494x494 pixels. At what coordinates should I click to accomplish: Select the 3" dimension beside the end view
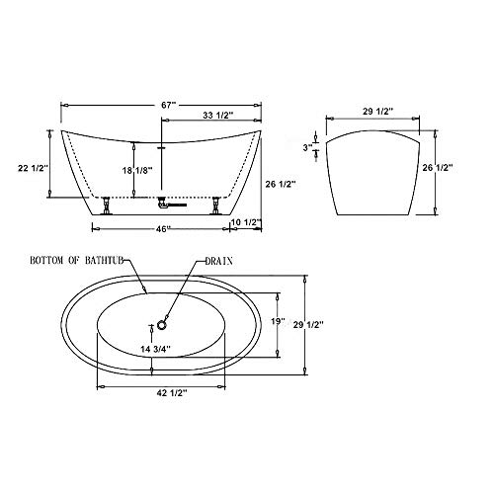pos(308,147)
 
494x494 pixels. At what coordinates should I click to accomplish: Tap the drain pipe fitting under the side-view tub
pos(168,204)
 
